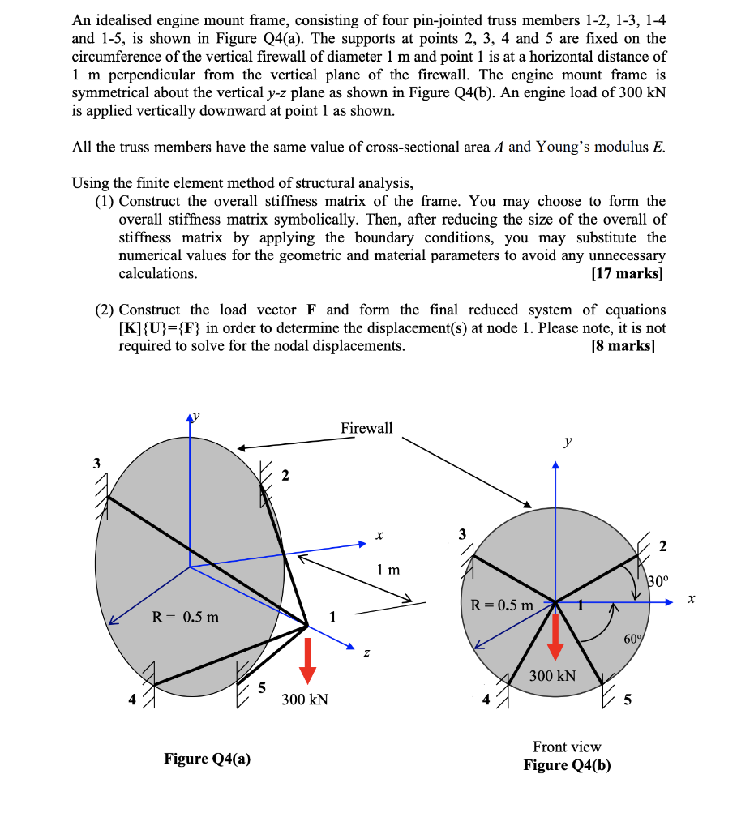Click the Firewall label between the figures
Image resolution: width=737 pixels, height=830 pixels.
click(x=366, y=428)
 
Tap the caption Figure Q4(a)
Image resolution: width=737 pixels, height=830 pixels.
click(x=208, y=759)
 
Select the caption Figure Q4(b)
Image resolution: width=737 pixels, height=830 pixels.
click(x=567, y=765)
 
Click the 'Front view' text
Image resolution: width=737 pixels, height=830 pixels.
click(x=567, y=747)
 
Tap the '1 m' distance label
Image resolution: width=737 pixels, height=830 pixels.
click(x=388, y=570)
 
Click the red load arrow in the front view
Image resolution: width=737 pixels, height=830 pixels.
click(x=555, y=637)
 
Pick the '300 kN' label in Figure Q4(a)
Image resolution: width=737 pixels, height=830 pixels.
click(x=305, y=700)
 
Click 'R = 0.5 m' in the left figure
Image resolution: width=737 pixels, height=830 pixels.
click(x=186, y=617)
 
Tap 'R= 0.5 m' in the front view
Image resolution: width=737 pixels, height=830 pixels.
click(x=502, y=605)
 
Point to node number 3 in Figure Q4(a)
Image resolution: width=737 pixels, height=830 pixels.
click(x=96, y=464)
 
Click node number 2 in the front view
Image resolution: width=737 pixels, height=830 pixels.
click(x=663, y=546)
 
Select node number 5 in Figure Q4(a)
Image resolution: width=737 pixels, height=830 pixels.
click(x=261, y=688)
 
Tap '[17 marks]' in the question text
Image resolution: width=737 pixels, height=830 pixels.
click(x=629, y=273)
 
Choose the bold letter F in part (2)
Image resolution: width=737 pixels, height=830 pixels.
click(x=312, y=310)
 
